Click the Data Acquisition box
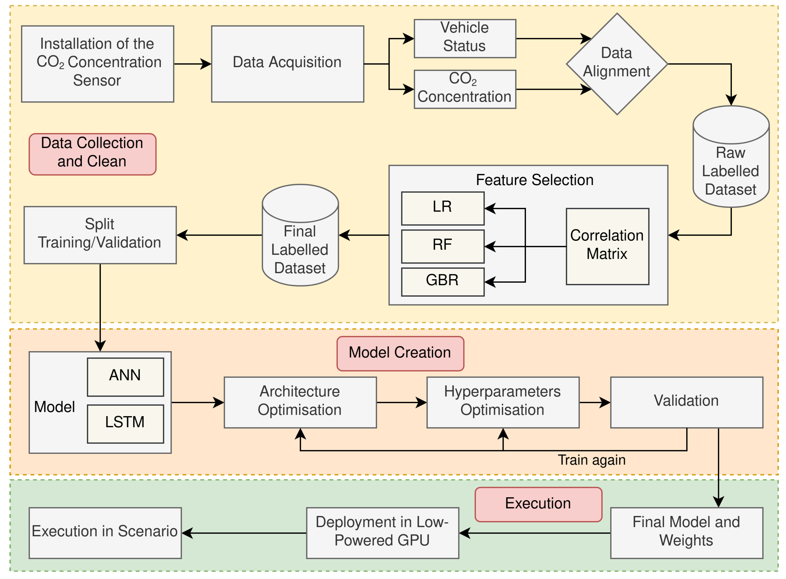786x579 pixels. click(x=287, y=64)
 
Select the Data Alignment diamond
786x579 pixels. click(x=617, y=64)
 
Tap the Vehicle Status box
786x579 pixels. click(x=465, y=38)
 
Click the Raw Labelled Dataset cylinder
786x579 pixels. click(x=731, y=165)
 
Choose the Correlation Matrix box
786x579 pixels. click(x=607, y=246)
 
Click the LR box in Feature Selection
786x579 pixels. click(x=442, y=208)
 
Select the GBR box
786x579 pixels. click(x=442, y=281)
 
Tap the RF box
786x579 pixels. click(x=442, y=246)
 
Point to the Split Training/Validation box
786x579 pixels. click(x=100, y=235)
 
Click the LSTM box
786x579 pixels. click(x=125, y=423)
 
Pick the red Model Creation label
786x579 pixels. click(x=400, y=353)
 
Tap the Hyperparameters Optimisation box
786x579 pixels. click(x=503, y=402)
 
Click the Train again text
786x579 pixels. click(x=591, y=460)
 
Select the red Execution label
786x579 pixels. click(x=538, y=504)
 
